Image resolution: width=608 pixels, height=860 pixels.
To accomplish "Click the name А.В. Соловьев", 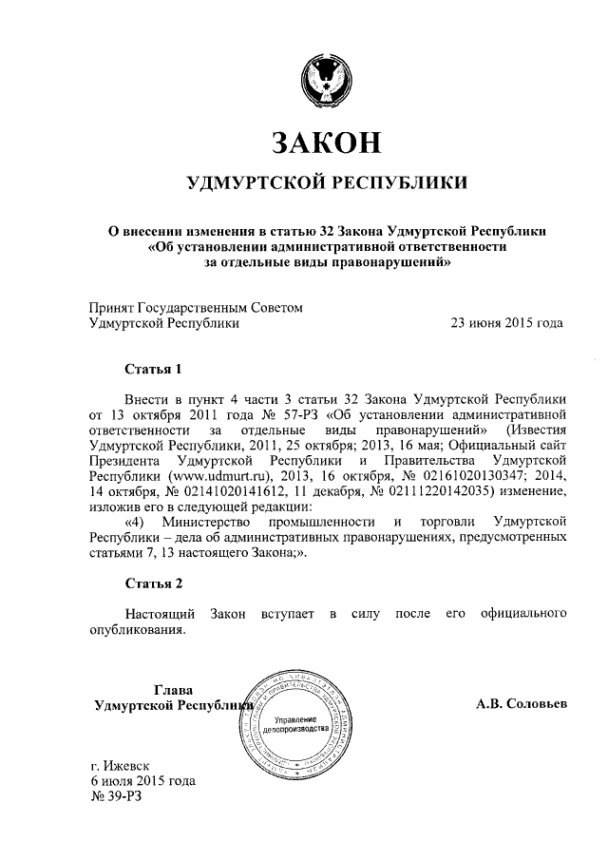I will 522,705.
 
